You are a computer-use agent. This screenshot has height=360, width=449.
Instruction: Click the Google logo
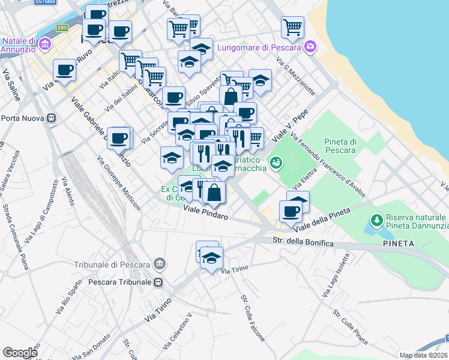click(20, 353)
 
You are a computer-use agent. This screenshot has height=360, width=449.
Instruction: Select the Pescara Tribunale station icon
click(158, 282)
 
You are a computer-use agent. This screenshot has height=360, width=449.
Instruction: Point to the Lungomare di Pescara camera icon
click(310, 46)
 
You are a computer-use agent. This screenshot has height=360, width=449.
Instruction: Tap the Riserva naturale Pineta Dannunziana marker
click(376, 221)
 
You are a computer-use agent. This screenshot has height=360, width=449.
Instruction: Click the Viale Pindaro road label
click(206, 212)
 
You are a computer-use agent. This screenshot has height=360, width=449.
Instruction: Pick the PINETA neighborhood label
click(398, 244)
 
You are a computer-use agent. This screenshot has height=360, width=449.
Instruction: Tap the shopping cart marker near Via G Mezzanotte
click(292, 26)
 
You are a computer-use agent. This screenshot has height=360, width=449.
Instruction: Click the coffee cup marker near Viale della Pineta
click(292, 211)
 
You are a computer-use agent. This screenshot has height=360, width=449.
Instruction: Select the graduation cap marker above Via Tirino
click(211, 258)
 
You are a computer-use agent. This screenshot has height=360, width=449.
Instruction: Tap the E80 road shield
click(62, 28)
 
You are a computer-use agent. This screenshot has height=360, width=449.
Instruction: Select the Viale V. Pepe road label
click(288, 127)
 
